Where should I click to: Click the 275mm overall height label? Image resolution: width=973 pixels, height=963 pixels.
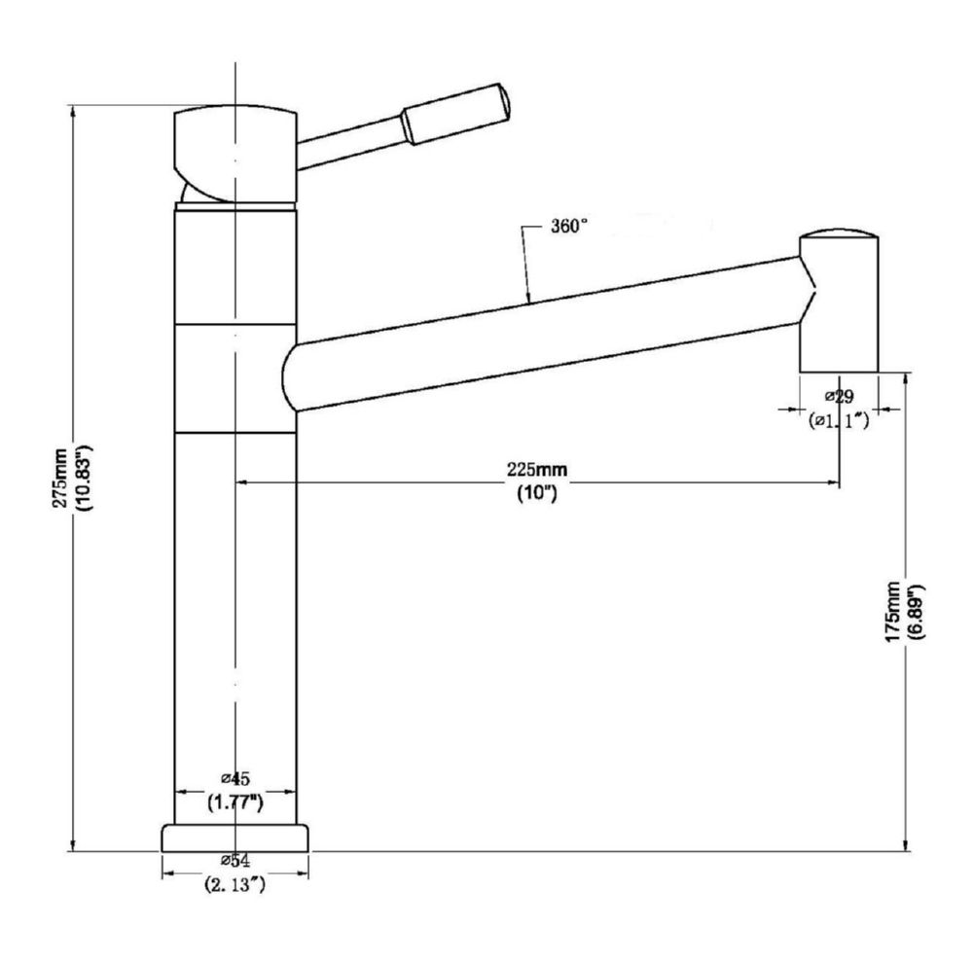60,478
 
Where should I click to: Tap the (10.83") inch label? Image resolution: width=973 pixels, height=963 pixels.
83,478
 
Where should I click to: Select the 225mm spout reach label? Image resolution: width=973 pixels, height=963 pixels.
537,470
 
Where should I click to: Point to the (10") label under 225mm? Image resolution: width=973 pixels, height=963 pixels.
537,493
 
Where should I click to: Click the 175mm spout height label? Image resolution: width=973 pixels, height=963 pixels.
892,612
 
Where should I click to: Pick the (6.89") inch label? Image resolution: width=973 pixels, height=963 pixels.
915,612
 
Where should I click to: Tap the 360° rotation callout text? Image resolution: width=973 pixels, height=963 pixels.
568,226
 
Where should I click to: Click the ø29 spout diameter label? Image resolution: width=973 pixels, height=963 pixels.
839,397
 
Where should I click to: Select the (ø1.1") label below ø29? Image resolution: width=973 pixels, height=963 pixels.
839,420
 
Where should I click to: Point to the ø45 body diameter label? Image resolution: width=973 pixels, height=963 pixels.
235,778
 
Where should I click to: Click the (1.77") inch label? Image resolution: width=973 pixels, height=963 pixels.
235,802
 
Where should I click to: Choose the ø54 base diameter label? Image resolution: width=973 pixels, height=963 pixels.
235,861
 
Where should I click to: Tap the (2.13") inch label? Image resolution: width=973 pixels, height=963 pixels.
235,885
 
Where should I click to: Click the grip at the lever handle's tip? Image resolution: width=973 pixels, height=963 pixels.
456,114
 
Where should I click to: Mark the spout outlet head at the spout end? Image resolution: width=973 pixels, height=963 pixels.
839,302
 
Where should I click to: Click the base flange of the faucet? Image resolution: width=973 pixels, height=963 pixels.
235,838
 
